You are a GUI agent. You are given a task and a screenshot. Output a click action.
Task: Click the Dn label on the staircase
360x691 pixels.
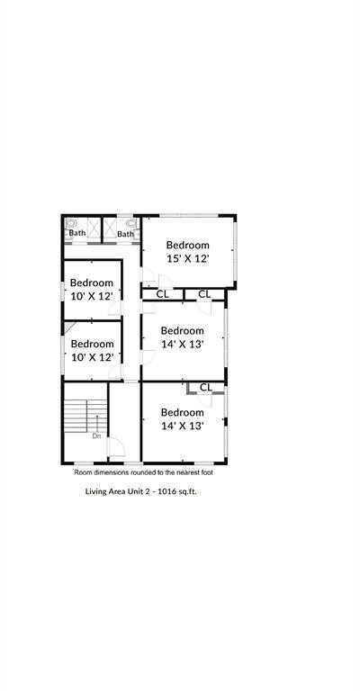96,436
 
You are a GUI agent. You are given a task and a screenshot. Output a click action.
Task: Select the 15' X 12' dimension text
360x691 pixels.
187,258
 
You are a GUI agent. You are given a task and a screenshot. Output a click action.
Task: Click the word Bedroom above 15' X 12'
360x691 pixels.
187,245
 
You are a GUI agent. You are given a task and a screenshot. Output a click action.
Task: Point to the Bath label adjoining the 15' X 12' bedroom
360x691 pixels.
125,235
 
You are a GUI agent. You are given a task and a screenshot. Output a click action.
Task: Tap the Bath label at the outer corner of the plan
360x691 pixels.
78,233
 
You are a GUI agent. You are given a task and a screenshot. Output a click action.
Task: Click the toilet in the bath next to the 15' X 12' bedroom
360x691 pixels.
131,223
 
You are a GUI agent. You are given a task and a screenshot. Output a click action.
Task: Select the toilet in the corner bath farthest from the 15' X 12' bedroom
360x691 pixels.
71,223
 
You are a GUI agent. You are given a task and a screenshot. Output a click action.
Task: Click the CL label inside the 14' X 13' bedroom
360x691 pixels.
205,388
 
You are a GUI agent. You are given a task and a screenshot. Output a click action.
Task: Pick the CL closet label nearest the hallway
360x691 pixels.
162,294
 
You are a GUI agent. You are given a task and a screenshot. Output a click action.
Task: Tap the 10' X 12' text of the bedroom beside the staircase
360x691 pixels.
92,357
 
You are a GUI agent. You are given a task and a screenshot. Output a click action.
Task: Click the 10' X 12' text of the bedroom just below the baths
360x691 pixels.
92,296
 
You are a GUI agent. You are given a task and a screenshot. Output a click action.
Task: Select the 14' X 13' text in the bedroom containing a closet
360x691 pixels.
182,426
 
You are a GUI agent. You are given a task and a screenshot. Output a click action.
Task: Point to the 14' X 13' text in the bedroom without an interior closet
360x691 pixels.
182,344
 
